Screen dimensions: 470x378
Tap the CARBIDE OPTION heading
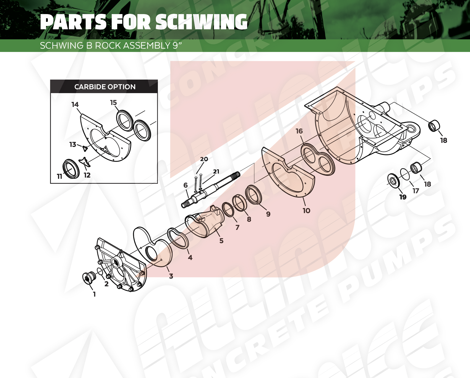click(105, 87)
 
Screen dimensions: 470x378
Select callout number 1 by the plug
click(94, 294)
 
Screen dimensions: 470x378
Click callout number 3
click(171, 276)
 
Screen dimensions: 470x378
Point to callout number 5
click(221, 241)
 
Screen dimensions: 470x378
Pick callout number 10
click(306, 211)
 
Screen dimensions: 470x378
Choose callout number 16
click(299, 131)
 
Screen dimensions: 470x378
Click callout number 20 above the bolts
click(204, 159)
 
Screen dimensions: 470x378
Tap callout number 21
click(216, 172)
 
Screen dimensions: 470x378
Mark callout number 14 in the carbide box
click(75, 104)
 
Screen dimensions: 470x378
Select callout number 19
click(403, 197)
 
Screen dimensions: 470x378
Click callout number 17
click(416, 191)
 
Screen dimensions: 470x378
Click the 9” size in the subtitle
click(177, 45)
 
